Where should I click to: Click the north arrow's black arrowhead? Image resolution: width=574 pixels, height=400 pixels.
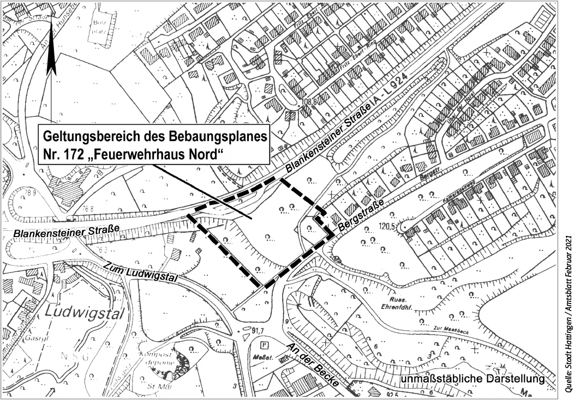click(51, 60)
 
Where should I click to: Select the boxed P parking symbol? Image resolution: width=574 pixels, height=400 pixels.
click(265, 345)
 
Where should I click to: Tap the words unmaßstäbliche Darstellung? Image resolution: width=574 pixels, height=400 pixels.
click(473, 379)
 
